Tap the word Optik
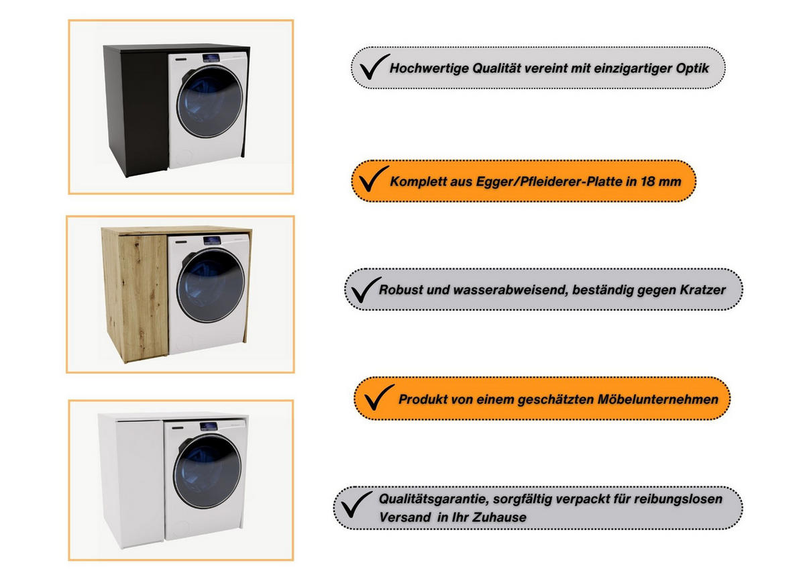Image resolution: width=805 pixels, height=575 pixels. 692,68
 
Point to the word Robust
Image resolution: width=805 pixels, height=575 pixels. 400,289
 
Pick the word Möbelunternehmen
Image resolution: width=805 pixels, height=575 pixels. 657,399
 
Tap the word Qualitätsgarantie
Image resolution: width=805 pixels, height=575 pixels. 434,499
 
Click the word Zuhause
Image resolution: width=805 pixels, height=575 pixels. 499,517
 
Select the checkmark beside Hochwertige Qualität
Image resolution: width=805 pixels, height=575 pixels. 373,68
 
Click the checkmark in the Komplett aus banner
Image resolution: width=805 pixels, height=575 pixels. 372,180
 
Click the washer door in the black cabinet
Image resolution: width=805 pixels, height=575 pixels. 209,102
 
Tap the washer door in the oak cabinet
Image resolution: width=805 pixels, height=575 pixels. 211,286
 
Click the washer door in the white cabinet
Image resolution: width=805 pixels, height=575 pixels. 207,472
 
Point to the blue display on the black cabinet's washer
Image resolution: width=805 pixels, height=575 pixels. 211,58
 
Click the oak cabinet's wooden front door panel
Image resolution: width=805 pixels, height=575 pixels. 143,297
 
